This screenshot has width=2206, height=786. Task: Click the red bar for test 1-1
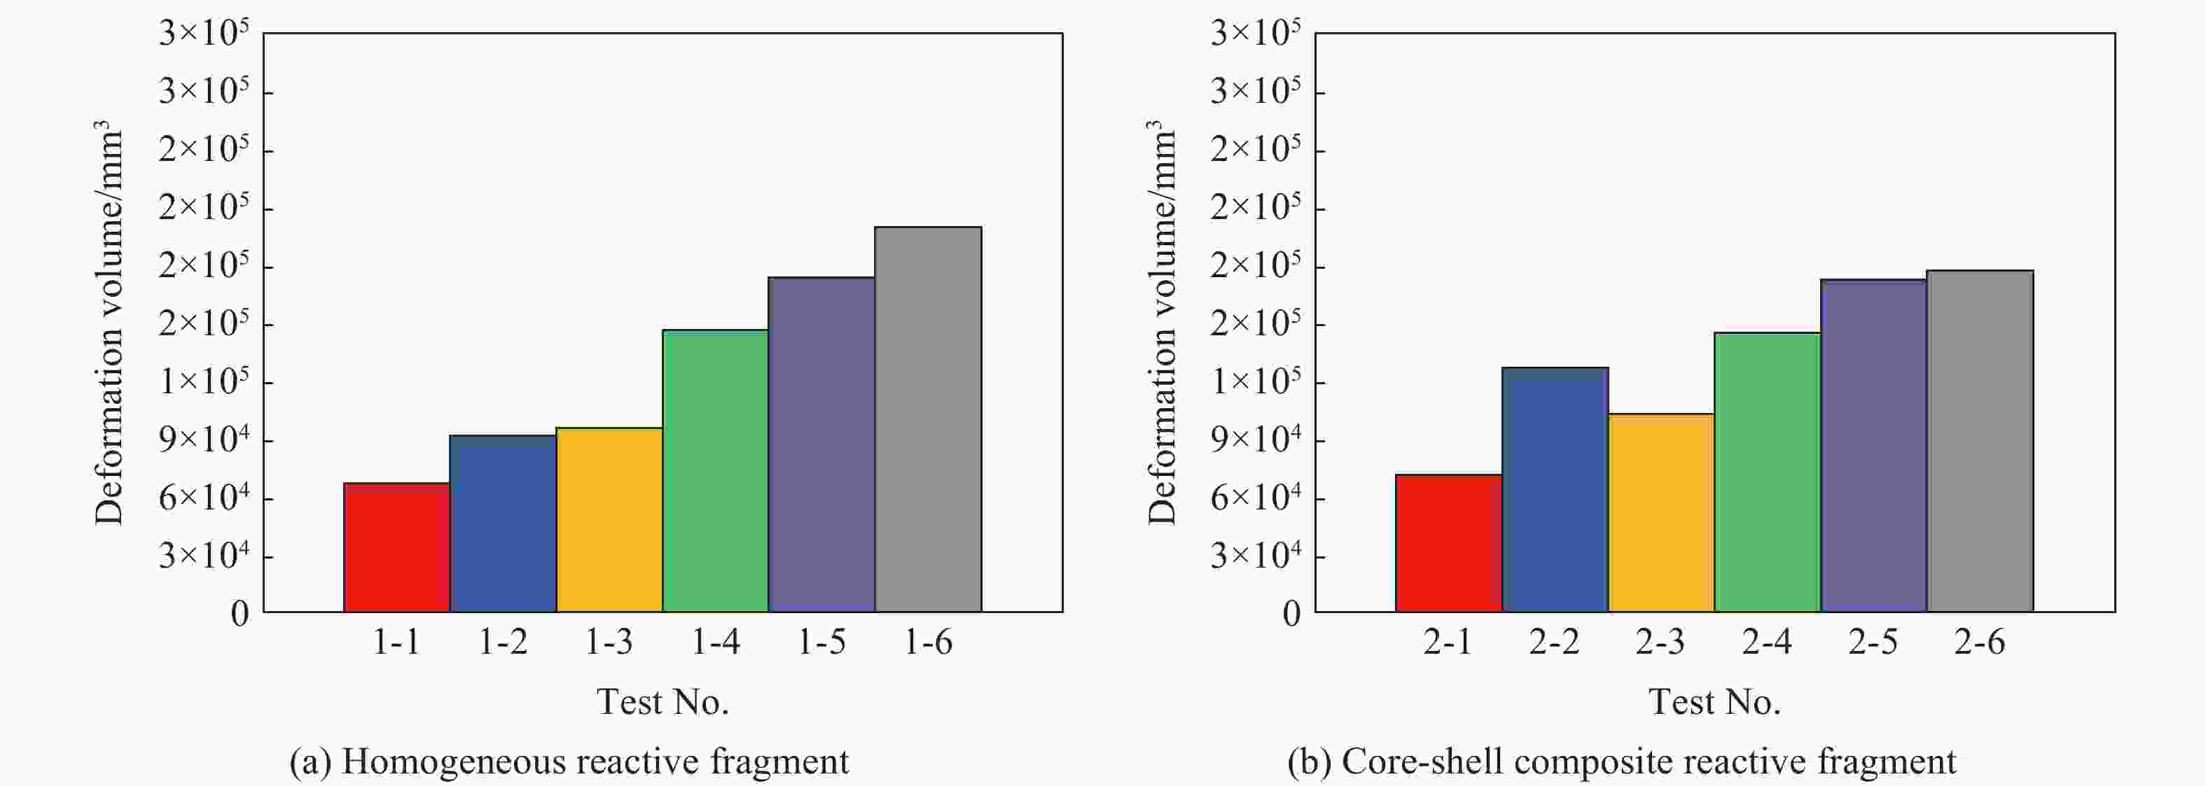click(x=396, y=547)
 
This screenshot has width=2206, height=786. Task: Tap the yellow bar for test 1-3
click(x=609, y=520)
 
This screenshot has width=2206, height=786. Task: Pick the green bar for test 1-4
click(x=715, y=471)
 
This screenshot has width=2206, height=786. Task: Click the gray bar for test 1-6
click(x=929, y=419)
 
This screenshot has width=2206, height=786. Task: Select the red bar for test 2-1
click(x=1448, y=543)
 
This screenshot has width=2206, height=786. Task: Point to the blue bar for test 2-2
click(x=1554, y=490)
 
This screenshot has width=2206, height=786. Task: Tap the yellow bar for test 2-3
click(x=1660, y=513)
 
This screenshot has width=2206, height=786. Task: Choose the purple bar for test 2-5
click(x=1873, y=445)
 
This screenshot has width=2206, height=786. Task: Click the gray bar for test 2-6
click(x=1979, y=441)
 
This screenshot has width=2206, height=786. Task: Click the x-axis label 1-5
click(x=821, y=642)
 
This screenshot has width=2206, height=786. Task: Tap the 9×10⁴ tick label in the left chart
click(x=204, y=440)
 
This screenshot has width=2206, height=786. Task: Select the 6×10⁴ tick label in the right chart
click(x=1256, y=498)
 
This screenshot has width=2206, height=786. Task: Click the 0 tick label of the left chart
click(x=240, y=614)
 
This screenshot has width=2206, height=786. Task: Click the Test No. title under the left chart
click(x=663, y=702)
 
